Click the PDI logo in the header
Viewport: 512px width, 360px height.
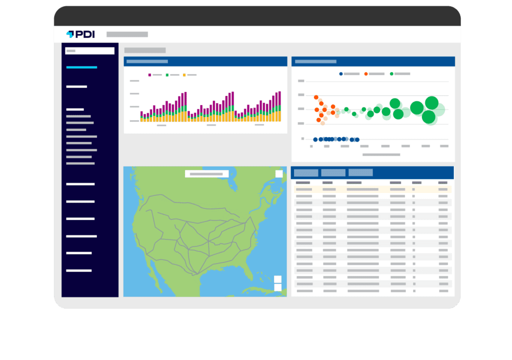coord(80,34)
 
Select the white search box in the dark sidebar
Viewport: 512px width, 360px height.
coord(90,50)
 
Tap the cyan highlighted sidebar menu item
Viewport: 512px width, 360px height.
coord(81,67)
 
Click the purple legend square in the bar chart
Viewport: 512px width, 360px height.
coord(149,74)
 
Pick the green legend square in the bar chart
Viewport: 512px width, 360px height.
coord(167,74)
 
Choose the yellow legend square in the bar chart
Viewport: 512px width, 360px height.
coord(184,74)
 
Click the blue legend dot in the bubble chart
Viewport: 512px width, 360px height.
coord(341,74)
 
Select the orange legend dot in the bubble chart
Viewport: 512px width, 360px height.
coord(366,74)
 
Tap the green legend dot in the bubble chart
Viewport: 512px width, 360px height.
coord(391,74)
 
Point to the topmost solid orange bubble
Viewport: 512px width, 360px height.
coord(315,97)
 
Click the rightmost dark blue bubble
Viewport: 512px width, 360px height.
coord(357,139)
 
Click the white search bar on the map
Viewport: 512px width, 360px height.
coord(206,174)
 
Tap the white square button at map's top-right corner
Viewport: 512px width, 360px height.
coord(278,173)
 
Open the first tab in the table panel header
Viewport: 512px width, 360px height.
coord(306,172)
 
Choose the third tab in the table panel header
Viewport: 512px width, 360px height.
coord(360,172)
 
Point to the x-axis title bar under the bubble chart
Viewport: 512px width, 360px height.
coord(381,154)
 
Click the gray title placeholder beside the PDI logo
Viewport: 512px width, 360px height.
coord(127,34)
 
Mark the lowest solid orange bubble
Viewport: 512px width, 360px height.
coord(319,120)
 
